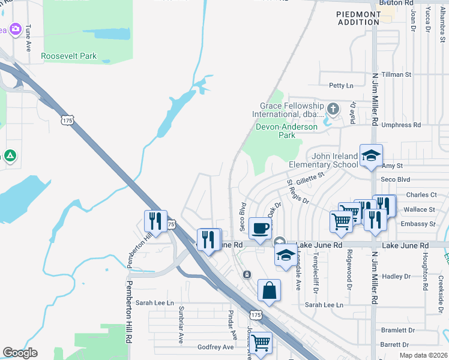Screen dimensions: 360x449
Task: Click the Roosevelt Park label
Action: click(68, 56)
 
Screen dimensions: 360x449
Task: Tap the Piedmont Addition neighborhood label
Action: click(359, 17)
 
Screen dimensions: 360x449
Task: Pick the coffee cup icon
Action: click(260, 228)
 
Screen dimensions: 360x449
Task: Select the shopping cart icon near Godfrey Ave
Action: click(261, 344)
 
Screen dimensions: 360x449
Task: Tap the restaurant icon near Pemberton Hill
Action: click(155, 221)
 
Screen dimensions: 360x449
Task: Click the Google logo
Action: click(20, 353)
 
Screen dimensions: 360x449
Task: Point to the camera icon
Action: click(15, 29)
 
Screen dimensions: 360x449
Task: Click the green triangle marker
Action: click(10, 156)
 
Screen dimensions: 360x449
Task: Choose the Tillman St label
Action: click(397, 74)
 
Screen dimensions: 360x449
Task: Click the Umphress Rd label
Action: click(400, 125)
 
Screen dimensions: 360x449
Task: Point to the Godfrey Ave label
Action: click(215, 347)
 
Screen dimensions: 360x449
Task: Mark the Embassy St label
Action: click(420, 224)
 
